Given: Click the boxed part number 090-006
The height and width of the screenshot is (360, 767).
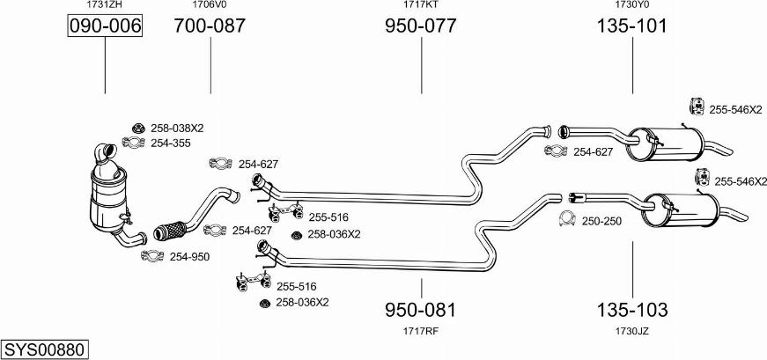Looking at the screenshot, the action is (x=105, y=26).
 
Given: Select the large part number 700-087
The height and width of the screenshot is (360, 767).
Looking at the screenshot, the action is (x=210, y=26).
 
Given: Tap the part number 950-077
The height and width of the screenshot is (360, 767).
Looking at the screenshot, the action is (x=421, y=26).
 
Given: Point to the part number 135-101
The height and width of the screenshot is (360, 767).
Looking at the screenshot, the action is (x=631, y=26).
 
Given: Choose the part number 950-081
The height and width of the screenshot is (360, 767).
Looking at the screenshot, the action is (x=421, y=309).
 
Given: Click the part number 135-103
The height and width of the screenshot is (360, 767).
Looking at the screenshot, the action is (x=632, y=309).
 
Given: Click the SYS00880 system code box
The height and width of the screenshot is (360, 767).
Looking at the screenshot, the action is (x=45, y=349).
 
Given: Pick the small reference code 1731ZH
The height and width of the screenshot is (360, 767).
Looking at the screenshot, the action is (x=104, y=5).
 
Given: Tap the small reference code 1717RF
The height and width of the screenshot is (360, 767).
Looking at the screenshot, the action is (x=421, y=331).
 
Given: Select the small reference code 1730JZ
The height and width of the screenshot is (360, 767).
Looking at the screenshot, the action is (x=632, y=331).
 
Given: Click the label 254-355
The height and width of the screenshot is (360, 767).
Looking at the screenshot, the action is (x=171, y=143).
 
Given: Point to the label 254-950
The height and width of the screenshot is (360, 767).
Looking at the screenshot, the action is (x=189, y=256).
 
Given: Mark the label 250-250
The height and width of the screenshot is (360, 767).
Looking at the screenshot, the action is (x=601, y=221).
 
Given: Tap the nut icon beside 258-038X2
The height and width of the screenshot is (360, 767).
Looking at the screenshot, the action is (x=138, y=129).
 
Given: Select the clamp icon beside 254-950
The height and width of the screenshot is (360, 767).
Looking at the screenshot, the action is (x=152, y=255).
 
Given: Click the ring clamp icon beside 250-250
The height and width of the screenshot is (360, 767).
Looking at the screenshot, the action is (x=566, y=219).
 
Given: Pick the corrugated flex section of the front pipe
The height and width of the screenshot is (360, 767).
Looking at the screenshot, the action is (x=169, y=230).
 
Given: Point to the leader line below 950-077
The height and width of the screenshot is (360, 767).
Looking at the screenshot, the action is (x=421, y=65).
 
